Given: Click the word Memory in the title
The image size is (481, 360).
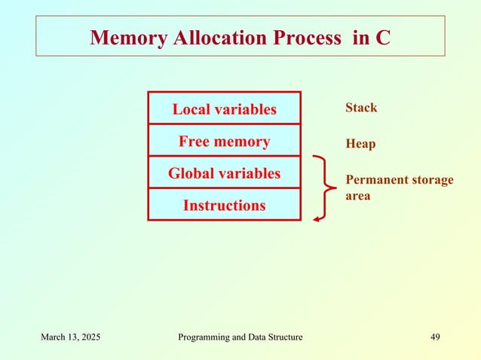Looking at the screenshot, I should tap(126, 38).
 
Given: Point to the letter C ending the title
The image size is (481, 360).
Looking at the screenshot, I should tap(382, 38).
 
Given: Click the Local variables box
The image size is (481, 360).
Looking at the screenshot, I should tap(224, 109).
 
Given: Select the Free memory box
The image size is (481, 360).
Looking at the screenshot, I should tap(224, 141).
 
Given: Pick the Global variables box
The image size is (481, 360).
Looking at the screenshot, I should tap(224, 173).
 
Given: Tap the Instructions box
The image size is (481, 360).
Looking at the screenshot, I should tap(224, 205).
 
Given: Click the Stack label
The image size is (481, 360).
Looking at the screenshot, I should tap(361, 108).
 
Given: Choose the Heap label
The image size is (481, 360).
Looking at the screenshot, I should tap(360, 143).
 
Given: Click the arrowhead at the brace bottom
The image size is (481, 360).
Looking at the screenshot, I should tap(317, 218).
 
